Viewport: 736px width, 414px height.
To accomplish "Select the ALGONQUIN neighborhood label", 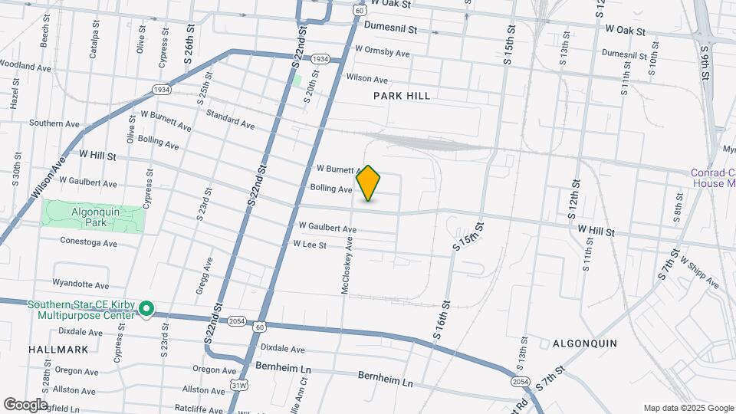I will pyautogui.click(x=585, y=343).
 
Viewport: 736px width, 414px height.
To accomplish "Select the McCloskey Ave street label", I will pyautogui.click(x=346, y=265).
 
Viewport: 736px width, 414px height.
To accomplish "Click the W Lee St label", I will pyautogui.click(x=310, y=245).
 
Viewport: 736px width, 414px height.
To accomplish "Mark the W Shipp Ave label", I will pyautogui.click(x=698, y=273).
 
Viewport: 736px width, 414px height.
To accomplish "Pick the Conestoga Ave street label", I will pyautogui.click(x=89, y=242).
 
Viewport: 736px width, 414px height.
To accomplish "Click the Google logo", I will pyautogui.click(x=25, y=404).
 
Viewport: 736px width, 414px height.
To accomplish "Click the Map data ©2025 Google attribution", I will pyautogui.click(x=688, y=408).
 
